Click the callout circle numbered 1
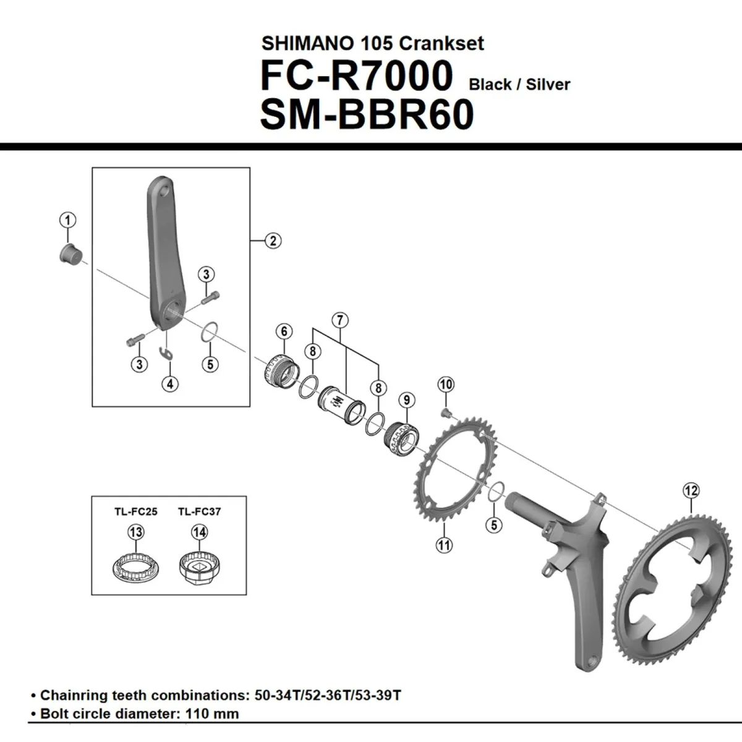pos(67,220)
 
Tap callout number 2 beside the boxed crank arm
pos(273,241)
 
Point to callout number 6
pos(284,331)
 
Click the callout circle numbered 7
pos(339,320)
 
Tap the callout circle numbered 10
pos(446,384)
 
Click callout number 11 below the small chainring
pos(444,545)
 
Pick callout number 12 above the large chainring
pos(691,490)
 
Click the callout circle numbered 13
pos(135,532)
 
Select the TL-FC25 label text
pos(135,511)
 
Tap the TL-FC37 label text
pos(199,511)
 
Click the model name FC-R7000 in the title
pos(357,76)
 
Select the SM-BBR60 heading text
pos(367,115)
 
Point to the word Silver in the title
pos(547,85)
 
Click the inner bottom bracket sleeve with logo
pos(338,405)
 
